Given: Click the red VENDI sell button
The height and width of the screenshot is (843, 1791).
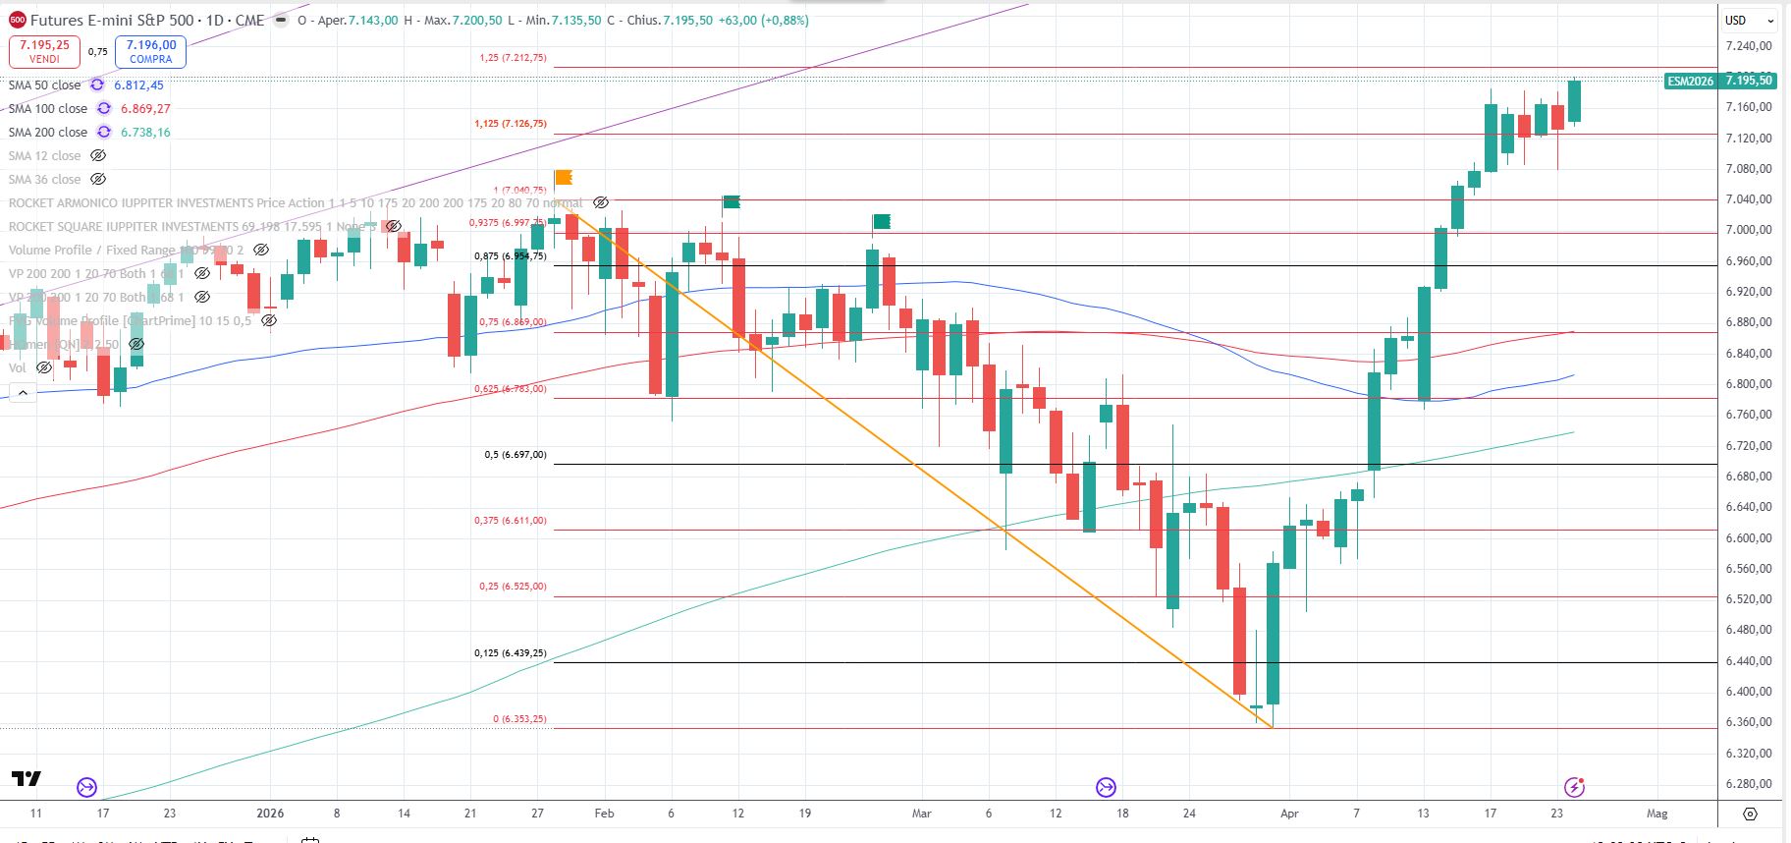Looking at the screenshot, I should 44,51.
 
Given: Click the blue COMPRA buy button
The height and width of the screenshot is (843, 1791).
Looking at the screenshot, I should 150,51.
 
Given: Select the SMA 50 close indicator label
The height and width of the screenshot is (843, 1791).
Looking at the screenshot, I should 44,85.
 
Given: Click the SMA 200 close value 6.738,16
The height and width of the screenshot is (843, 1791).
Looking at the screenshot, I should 145,133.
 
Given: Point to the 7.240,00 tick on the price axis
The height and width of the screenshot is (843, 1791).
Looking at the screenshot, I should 1748,46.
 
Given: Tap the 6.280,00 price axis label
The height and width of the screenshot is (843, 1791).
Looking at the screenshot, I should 1748,784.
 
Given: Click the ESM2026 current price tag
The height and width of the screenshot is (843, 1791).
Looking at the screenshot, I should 1718,81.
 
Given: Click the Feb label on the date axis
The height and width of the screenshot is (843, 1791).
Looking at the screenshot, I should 604,814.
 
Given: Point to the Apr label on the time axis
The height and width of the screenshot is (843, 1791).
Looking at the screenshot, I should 1289,814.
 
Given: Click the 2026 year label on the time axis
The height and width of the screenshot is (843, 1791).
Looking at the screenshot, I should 270,814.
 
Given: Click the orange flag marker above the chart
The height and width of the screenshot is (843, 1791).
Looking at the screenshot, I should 564,178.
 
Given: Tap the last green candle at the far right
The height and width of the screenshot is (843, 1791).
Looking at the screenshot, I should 1574,101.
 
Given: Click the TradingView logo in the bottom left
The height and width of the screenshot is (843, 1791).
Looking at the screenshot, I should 27,779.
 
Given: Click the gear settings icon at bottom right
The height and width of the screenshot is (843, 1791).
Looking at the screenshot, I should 1750,814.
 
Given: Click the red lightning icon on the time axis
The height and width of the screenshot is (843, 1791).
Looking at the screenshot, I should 1574,787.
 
